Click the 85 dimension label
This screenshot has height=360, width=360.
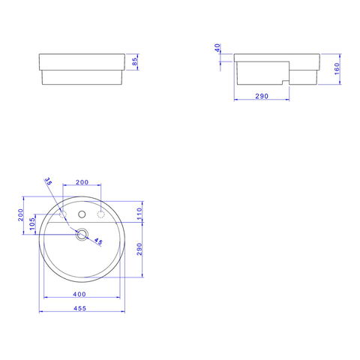coord(134,61)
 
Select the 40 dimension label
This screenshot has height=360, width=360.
coord(217,48)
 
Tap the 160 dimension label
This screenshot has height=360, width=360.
coord(337,68)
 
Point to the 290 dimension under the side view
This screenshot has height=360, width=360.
coord(262,96)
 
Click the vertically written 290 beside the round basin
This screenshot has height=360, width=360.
coord(139,249)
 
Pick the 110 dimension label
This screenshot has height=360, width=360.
coord(139,214)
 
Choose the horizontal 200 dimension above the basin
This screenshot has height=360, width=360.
coord(82,182)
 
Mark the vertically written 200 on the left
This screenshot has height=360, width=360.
coord(20,214)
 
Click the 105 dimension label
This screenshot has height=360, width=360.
coord(32,223)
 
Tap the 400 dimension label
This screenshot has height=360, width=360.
coord(79,294)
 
